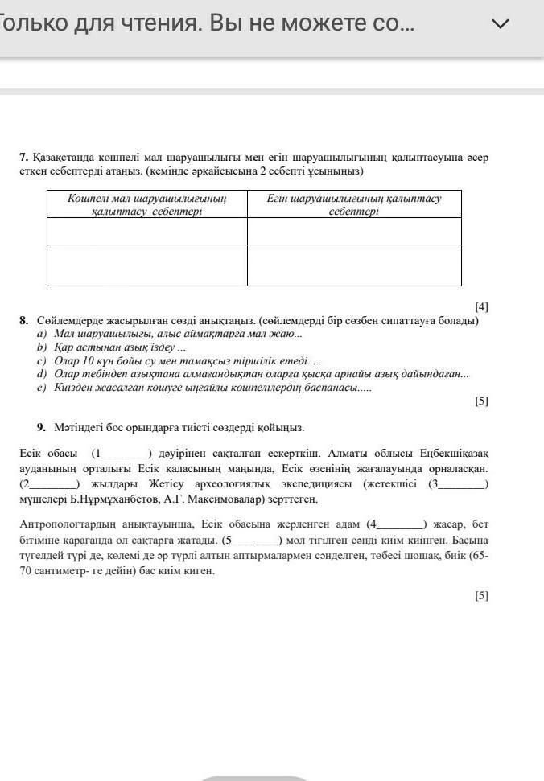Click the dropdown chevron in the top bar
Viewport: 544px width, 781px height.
point(501,24)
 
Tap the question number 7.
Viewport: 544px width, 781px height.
point(24,158)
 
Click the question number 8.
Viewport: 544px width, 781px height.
point(24,320)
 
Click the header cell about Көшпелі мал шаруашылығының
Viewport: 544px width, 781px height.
point(147,204)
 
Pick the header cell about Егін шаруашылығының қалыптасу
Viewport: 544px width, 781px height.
point(354,204)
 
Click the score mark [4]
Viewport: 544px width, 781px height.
point(481,306)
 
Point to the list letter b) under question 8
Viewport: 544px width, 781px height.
point(42,347)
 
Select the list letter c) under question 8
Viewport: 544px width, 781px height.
point(41,361)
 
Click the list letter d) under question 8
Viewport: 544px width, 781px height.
point(42,374)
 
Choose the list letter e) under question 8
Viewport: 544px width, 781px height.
point(41,388)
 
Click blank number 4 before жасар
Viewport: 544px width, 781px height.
point(398,524)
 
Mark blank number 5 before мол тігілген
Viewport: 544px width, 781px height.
point(253,540)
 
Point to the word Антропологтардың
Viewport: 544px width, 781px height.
point(68,524)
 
